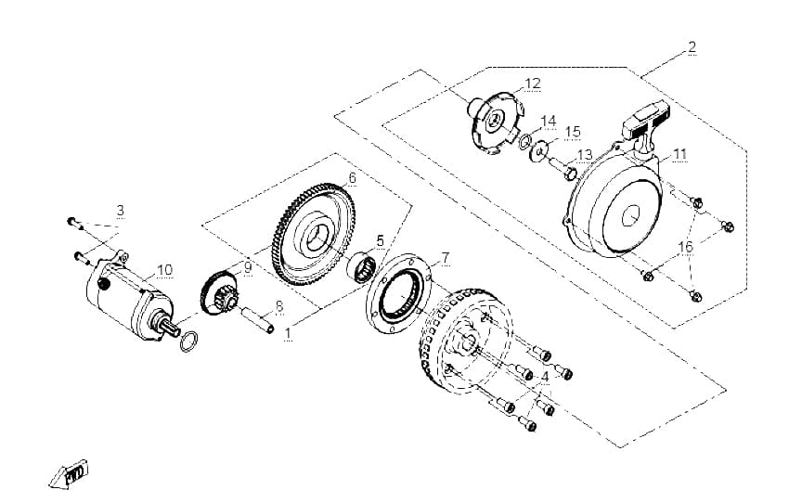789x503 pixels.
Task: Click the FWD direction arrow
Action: pyautogui.click(x=69, y=474)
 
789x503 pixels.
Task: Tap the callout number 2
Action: pyautogui.click(x=692, y=46)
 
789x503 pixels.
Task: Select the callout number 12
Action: pyautogui.click(x=533, y=84)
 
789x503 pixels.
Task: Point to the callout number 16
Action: pyautogui.click(x=685, y=247)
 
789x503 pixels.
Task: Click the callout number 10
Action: pyautogui.click(x=164, y=270)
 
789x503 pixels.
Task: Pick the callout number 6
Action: pyautogui.click(x=352, y=177)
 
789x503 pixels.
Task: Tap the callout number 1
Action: pyautogui.click(x=288, y=333)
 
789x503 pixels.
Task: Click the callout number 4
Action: pyautogui.click(x=545, y=376)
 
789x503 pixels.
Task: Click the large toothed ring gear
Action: pyautogui.click(x=313, y=235)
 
